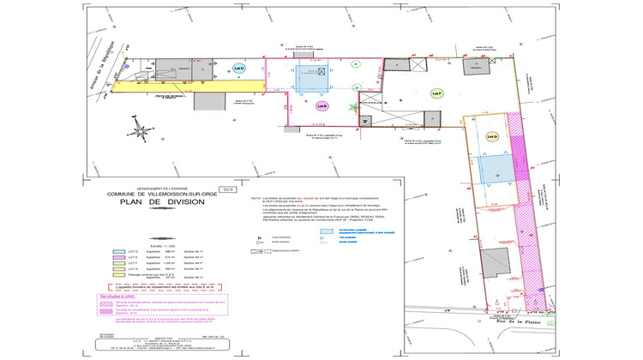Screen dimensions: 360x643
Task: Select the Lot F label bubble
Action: tap(436, 93)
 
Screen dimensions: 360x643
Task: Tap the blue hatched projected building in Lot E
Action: tap(312, 76)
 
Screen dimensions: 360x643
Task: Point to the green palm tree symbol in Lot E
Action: tap(353, 108)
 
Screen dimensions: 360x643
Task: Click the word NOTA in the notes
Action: tap(255, 197)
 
